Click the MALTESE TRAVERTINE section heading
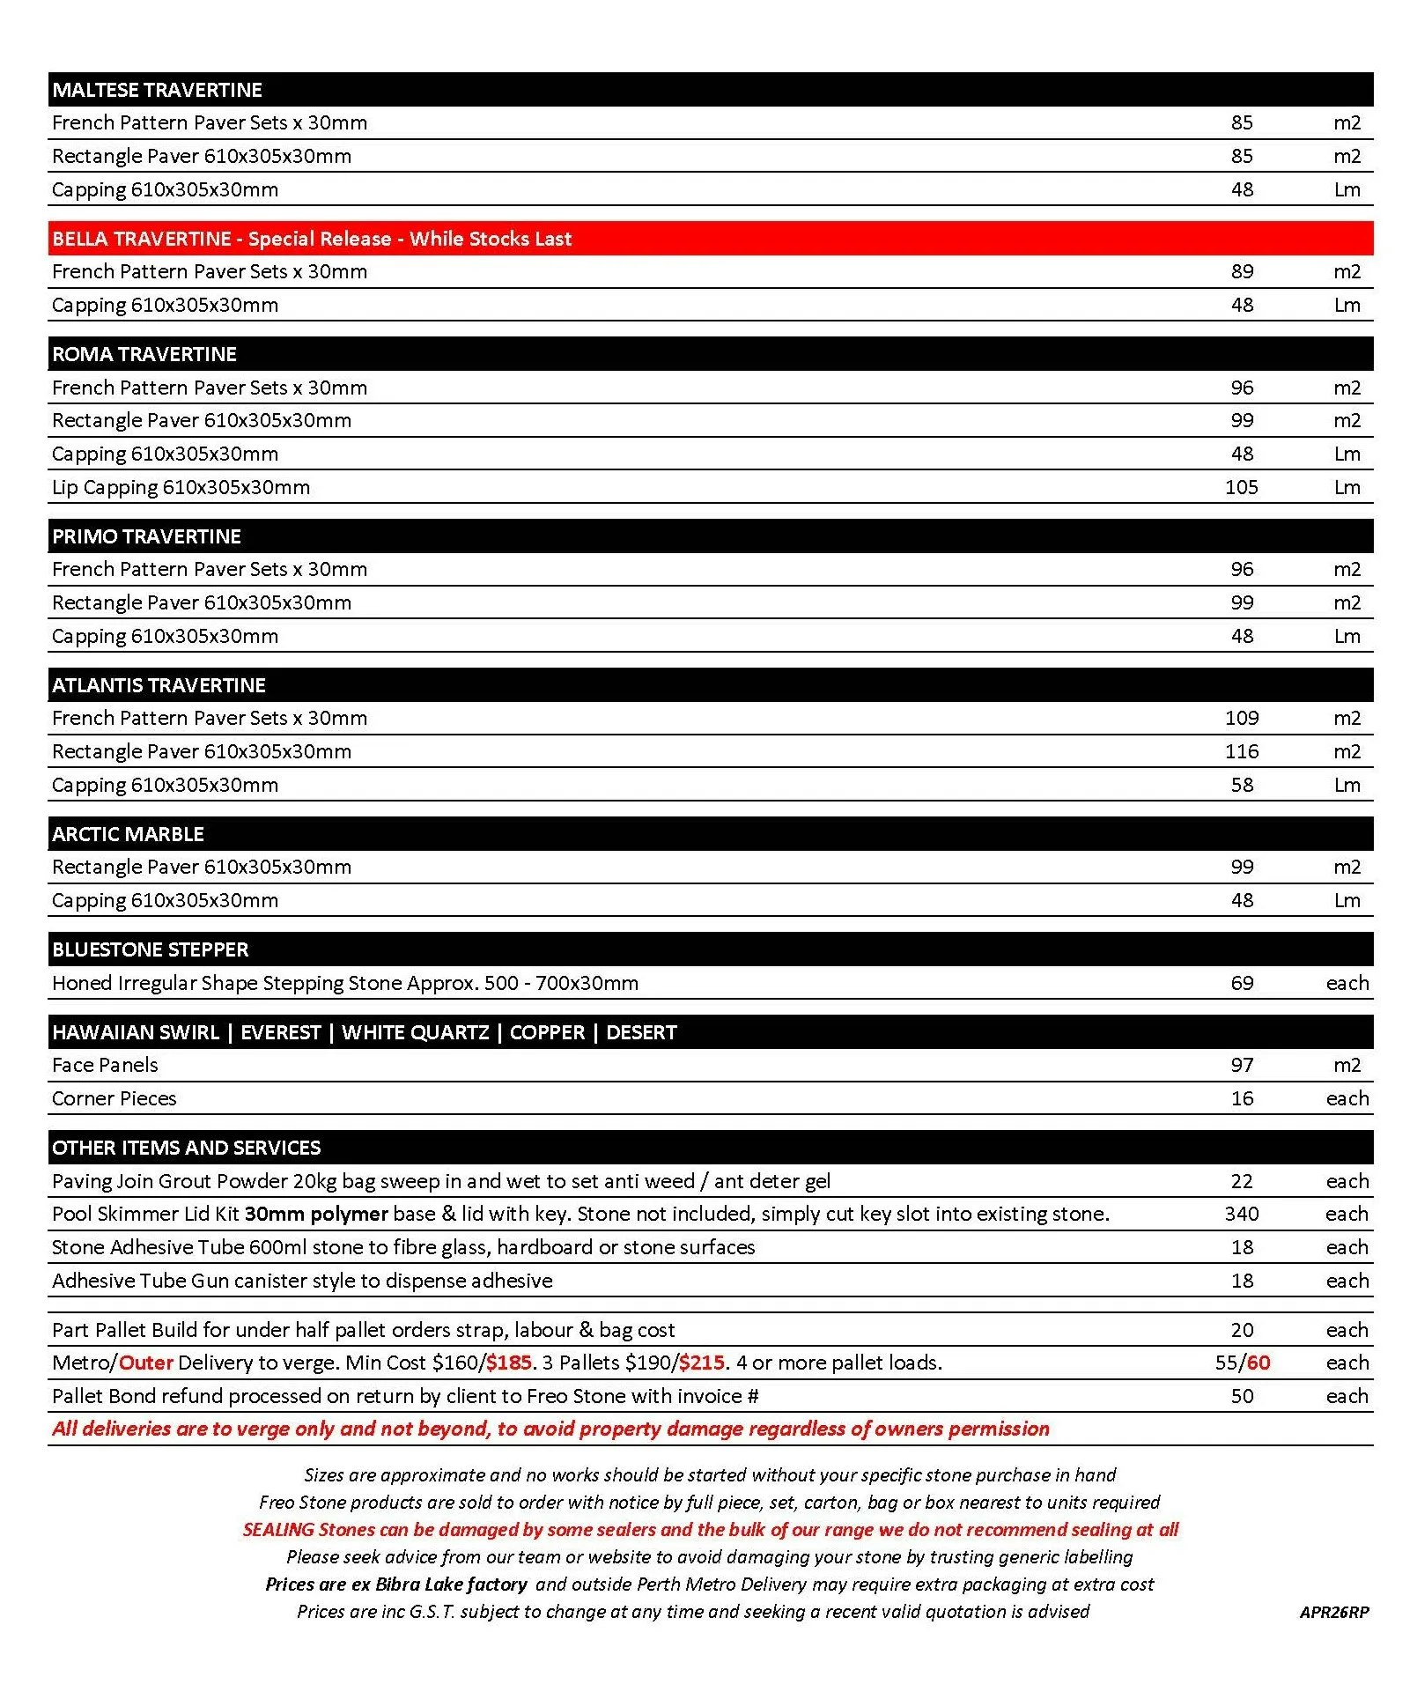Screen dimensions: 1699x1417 click(157, 90)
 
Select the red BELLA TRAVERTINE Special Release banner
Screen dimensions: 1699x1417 click(312, 239)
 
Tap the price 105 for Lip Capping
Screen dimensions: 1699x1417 click(1241, 487)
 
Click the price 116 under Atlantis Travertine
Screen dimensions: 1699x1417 click(1241, 751)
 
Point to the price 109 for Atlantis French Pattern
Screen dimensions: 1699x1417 click(1241, 718)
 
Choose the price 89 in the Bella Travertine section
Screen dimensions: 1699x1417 click(1242, 271)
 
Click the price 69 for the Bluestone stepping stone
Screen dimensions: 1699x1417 click(1242, 983)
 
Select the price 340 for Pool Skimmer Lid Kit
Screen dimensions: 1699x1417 click(1241, 1214)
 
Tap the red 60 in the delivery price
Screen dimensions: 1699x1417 click(1258, 1363)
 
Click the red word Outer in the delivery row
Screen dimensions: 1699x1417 click(145, 1363)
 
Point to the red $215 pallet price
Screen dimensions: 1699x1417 click(702, 1363)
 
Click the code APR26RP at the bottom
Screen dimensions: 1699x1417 click(1333, 1612)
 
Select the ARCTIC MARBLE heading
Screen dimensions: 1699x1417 click(128, 834)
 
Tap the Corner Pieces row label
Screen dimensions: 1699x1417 click(114, 1098)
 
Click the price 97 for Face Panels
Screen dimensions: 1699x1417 click(1242, 1065)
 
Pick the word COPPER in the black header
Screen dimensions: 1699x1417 click(547, 1032)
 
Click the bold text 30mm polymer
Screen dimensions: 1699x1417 click(316, 1214)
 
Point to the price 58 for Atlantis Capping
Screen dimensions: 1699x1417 click(1242, 785)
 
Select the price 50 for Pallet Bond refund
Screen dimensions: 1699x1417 click(1242, 1396)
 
